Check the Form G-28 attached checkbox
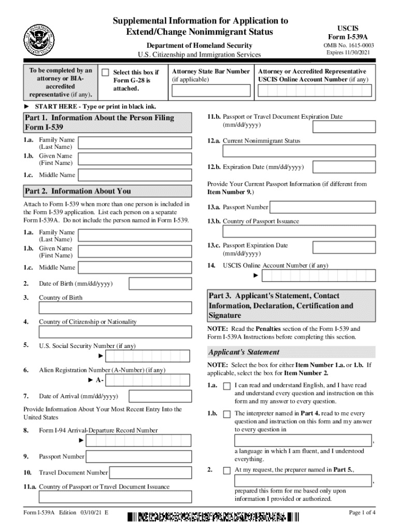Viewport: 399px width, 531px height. tap(105, 73)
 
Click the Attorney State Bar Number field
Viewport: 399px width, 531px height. tap(211, 91)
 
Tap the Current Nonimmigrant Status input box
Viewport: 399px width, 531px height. tap(299, 151)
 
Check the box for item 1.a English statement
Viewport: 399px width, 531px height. tap(227, 386)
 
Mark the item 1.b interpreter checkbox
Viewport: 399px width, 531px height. tap(227, 414)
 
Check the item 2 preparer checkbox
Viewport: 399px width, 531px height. tap(227, 470)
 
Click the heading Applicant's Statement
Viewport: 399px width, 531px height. tap(236, 352)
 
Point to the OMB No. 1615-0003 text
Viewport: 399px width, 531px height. tap(348, 46)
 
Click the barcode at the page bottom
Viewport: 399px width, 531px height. tap(213, 516)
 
